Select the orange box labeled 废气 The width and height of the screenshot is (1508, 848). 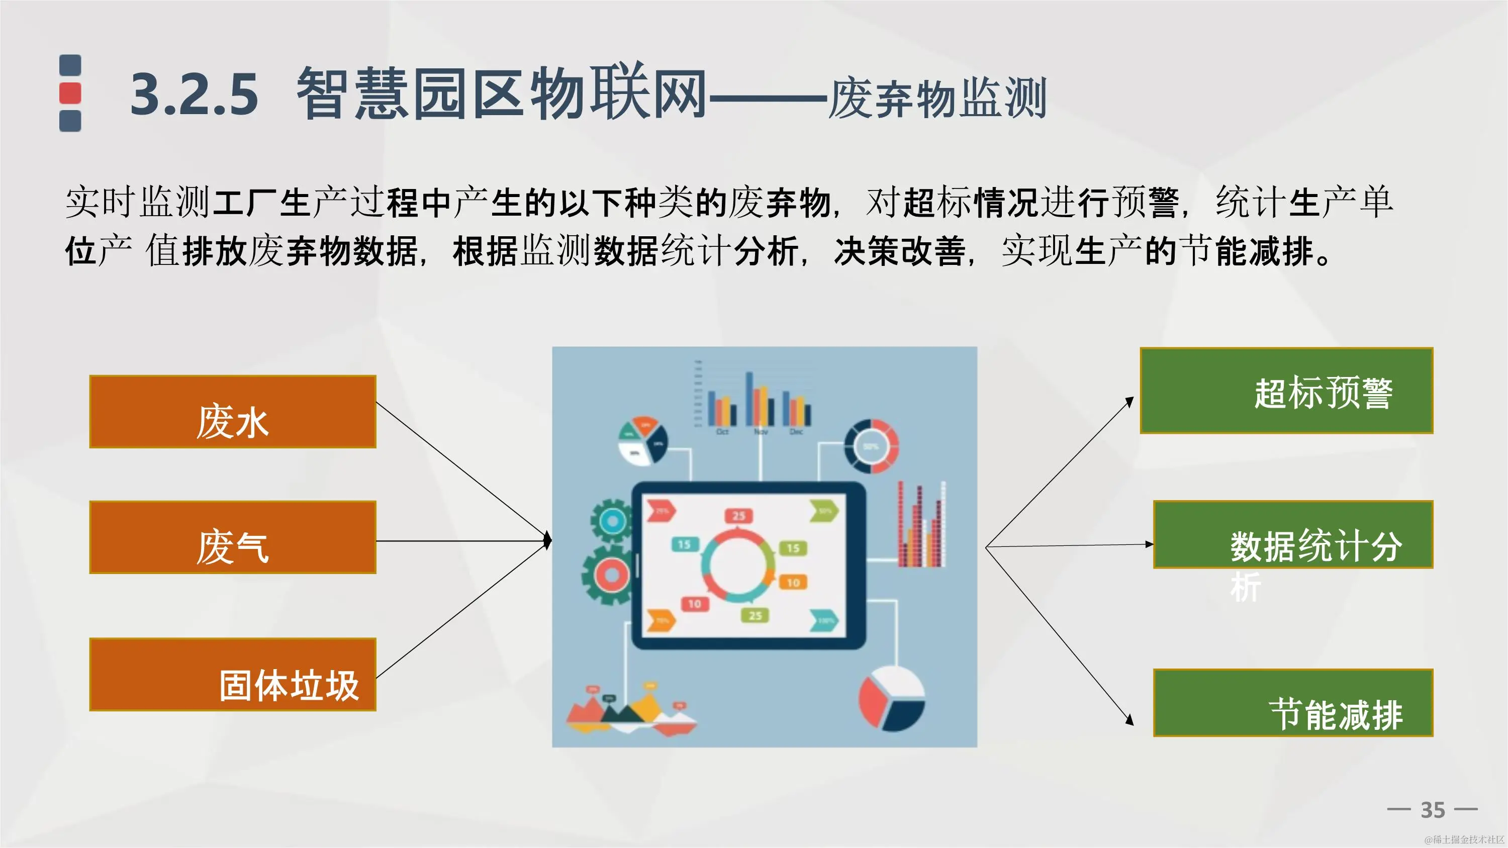tap(232, 537)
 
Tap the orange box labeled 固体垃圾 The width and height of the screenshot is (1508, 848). tap(232, 674)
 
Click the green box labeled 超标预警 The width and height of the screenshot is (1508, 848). tap(1286, 391)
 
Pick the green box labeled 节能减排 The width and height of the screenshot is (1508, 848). tap(1292, 702)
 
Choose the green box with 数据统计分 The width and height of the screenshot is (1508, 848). tap(1292, 534)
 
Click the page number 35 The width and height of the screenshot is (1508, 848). tap(1433, 810)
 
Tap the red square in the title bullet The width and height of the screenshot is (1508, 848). tap(70, 93)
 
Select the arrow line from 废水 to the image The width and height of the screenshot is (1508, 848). tap(462, 470)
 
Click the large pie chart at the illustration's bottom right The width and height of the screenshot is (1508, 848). tap(891, 698)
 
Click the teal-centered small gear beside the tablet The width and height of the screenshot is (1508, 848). tap(612, 520)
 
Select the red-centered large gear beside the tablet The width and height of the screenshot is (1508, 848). tap(610, 575)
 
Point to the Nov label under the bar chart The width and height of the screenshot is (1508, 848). tap(761, 432)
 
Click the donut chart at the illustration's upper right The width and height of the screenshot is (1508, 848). tap(871, 446)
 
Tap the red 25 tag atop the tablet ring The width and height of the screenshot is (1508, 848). tap(739, 516)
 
